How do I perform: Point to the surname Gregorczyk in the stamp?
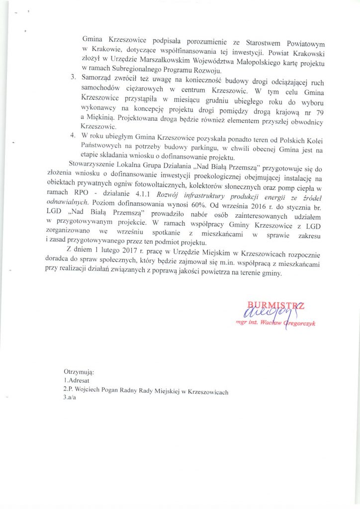point(297,324)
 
